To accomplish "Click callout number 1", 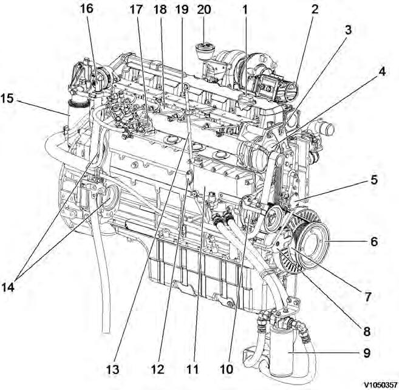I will coord(245,9).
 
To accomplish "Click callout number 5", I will coord(373,180).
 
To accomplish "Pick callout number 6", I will coord(373,241).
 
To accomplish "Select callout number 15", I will coord(9,98).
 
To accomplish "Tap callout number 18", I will coord(160,9).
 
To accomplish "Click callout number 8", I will coord(367,332).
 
